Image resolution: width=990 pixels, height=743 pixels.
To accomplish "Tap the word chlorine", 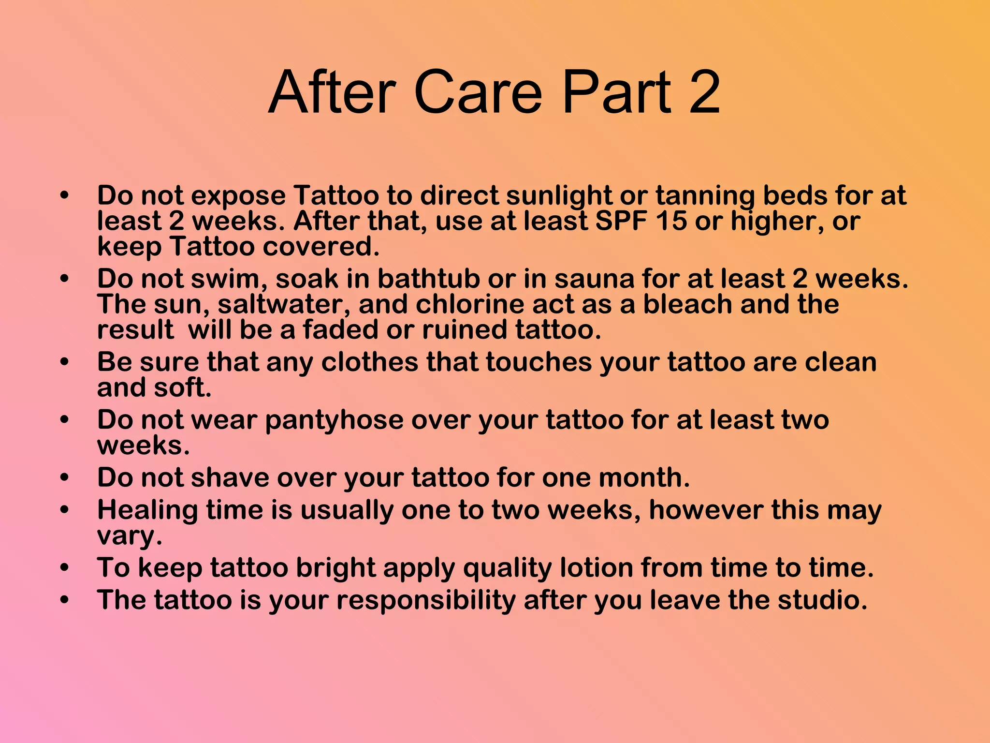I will click(469, 304).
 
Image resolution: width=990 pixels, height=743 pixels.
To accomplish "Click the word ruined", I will click(465, 330).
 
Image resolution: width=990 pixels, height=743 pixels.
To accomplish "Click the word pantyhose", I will click(334, 420).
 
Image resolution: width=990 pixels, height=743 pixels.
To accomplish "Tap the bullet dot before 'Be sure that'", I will click(64, 362).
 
